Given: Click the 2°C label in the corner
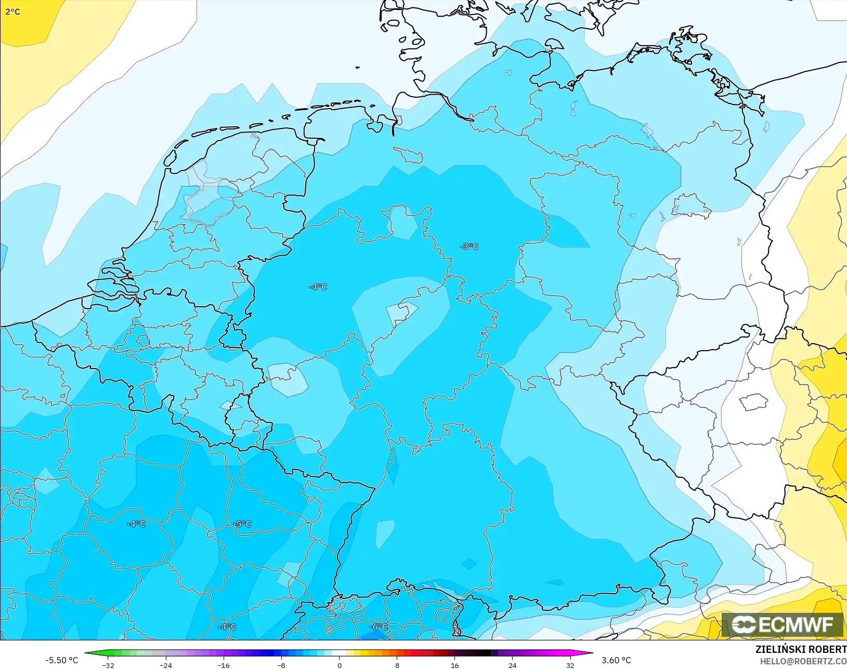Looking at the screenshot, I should (12, 11).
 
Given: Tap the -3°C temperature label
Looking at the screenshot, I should (469, 246).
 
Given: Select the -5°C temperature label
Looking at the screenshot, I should (242, 524).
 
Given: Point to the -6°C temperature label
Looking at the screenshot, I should (378, 626).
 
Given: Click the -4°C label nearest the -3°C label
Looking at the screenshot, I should (318, 286).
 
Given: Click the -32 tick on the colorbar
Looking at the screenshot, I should (108, 665).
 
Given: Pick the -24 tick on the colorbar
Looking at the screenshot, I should (165, 665).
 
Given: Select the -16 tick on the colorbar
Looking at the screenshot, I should (223, 665).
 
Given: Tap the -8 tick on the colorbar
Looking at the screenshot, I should (281, 665).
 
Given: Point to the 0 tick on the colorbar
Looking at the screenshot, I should (340, 665).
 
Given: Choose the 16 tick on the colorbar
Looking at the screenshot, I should (455, 665).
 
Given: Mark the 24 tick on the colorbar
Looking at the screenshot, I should (513, 665).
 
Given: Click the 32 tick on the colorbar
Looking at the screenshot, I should (570, 665).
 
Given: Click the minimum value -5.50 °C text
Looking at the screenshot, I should (61, 660).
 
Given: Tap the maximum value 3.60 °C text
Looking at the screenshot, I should (616, 660).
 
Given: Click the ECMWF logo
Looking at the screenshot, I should (782, 624).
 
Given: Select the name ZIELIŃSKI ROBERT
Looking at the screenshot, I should (801, 649).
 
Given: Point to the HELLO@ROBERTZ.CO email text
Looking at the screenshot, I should (803, 661).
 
